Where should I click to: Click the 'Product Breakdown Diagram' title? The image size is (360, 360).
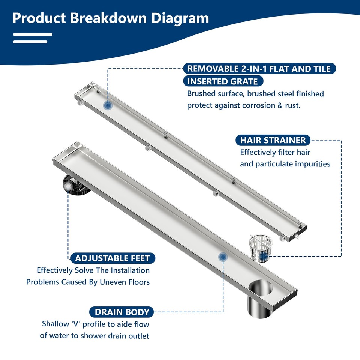111,18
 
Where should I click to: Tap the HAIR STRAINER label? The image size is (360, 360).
273,140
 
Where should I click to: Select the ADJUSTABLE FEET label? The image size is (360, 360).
112,258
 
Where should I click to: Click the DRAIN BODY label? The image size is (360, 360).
122,312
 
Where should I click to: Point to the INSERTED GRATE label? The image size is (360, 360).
223,81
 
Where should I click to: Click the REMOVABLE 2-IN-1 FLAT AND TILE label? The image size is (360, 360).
259,69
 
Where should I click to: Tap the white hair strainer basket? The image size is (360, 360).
260,248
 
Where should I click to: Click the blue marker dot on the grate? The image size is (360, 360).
108,106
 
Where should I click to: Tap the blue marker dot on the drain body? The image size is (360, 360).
223,257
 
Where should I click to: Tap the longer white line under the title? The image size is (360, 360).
33,34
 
